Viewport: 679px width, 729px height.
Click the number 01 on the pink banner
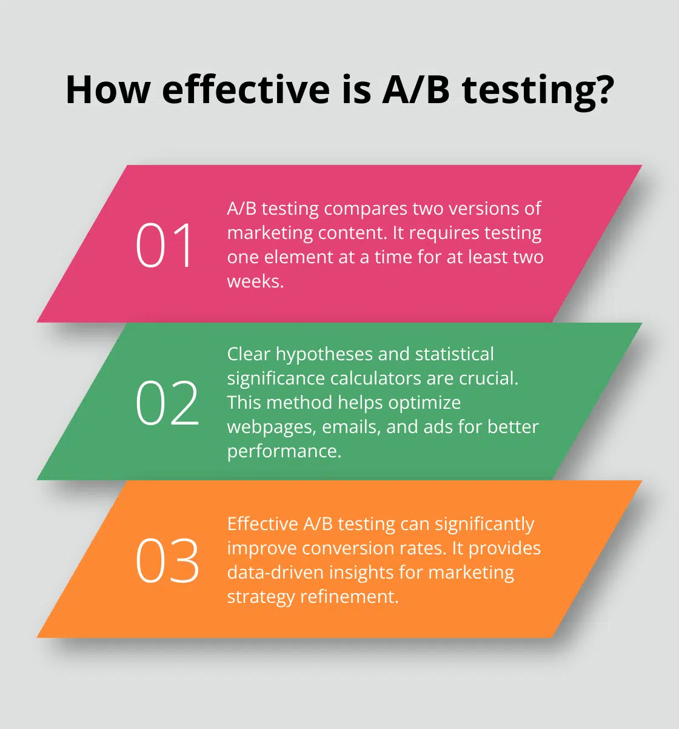point(164,245)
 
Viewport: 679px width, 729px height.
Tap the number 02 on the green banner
point(167,403)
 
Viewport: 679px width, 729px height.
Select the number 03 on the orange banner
point(167,561)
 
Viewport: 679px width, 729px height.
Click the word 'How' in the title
point(108,90)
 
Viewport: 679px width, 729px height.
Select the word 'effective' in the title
point(246,90)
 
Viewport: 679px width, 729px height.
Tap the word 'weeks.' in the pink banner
point(255,281)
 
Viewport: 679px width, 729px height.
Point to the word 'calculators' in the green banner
point(375,378)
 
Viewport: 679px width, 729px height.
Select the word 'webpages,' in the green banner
point(271,427)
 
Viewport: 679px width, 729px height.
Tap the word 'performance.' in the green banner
point(284,451)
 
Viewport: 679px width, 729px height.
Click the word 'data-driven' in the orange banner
point(276,573)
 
